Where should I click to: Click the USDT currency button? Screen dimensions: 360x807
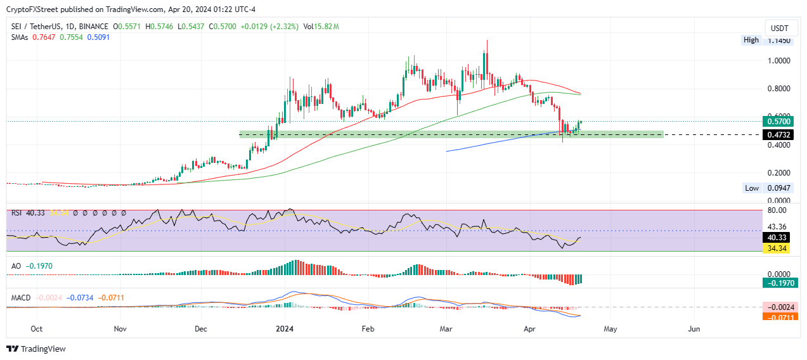click(x=779, y=29)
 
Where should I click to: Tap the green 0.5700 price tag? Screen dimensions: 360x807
click(x=779, y=121)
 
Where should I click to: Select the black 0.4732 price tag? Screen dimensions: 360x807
click(x=779, y=134)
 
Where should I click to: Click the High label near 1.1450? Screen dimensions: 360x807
click(x=751, y=40)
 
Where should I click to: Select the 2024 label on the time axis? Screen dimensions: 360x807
click(x=285, y=329)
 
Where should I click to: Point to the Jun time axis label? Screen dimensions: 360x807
click(x=694, y=329)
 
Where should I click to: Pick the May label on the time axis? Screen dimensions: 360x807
click(x=610, y=329)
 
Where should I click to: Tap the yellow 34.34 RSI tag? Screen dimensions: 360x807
click(x=779, y=248)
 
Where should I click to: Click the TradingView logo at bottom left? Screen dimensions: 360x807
click(x=36, y=349)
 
